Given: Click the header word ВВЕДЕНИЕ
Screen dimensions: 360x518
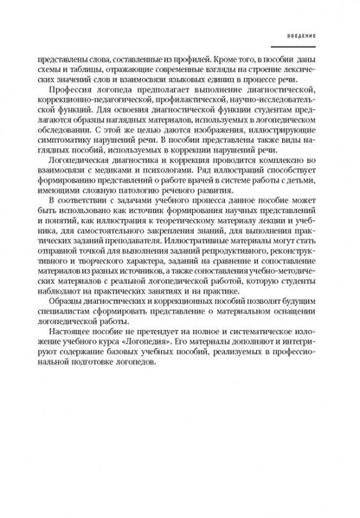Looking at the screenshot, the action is (310, 37).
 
